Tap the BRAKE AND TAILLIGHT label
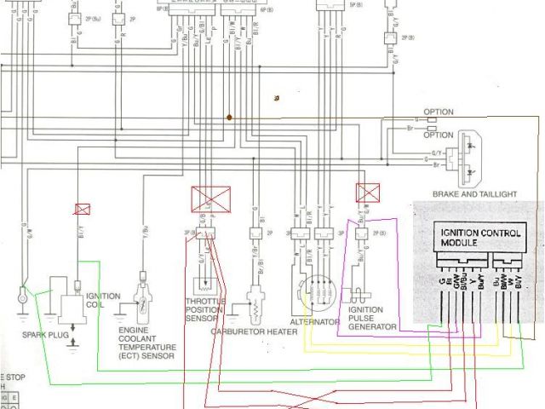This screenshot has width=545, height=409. click(x=475, y=194)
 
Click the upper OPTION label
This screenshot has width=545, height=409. click(x=439, y=112)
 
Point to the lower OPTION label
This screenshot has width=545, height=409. click(x=439, y=135)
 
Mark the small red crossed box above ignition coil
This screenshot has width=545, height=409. click(x=83, y=209)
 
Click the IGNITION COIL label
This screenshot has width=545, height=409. click(x=103, y=301)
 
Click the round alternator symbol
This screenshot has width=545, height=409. click(x=317, y=294)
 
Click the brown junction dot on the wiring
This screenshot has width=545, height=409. click(x=230, y=117)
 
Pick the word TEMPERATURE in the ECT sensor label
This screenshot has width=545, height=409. click(x=149, y=348)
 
